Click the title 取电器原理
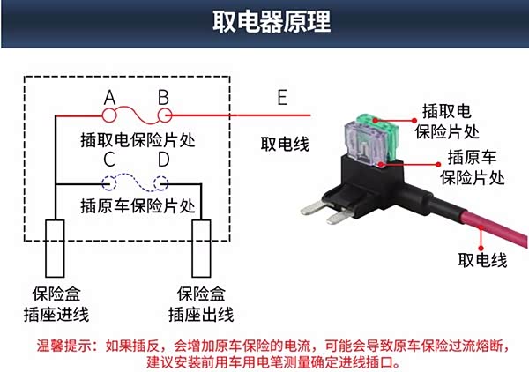click(x=264, y=22)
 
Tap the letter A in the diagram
click(x=110, y=96)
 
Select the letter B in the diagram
click(x=163, y=96)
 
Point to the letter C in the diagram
click(x=109, y=160)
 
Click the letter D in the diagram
click(x=163, y=160)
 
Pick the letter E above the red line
click(x=282, y=98)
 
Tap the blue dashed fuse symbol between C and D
click(x=137, y=183)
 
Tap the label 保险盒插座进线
click(x=56, y=304)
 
